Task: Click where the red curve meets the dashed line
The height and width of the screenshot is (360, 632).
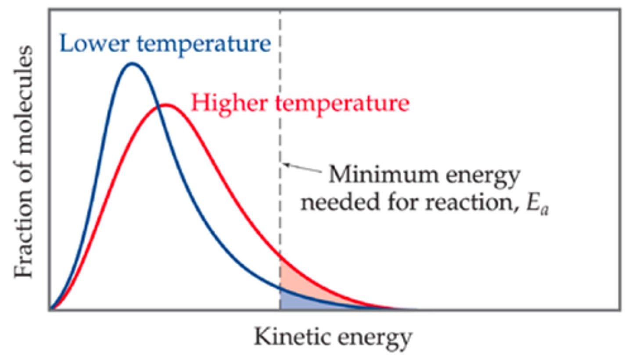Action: click(280, 255)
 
